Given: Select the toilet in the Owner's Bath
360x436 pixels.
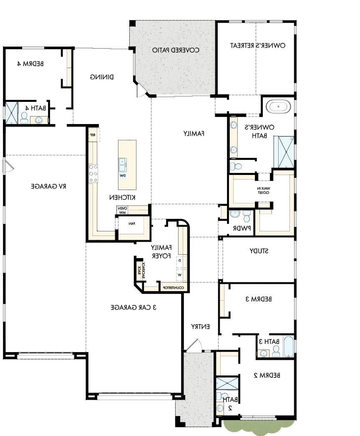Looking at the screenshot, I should (x=236, y=166).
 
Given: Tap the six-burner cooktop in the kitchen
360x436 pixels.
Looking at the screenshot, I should (x=93, y=173).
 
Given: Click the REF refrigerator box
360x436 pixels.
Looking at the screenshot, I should (x=93, y=135).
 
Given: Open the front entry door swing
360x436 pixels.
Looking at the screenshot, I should (x=194, y=344).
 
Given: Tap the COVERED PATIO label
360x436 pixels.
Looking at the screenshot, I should (x=175, y=50).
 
